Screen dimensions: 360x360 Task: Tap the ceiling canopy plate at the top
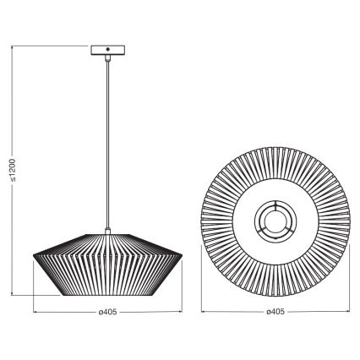point(107,51)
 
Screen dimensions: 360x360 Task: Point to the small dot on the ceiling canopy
point(107,51)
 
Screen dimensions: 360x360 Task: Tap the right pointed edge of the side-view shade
point(183,259)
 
